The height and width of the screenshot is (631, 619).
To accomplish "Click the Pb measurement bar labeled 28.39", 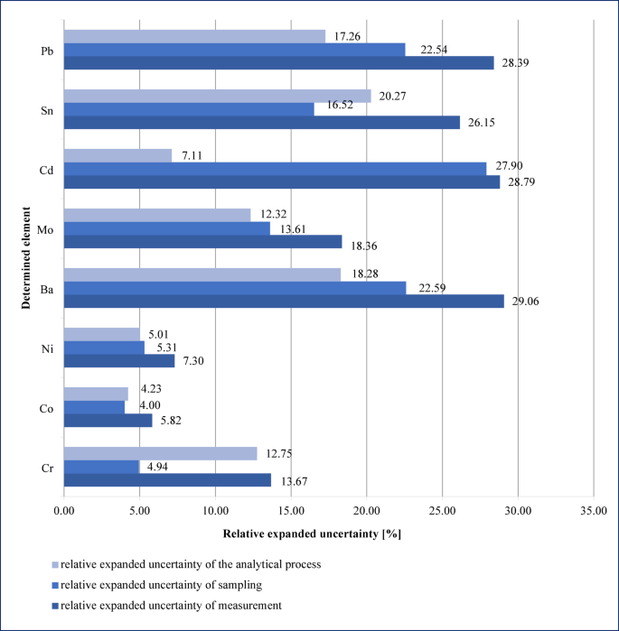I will click(278, 62).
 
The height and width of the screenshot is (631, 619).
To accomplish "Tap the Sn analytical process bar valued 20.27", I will click(217, 96).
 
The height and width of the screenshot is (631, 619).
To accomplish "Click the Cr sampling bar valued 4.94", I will click(101, 467).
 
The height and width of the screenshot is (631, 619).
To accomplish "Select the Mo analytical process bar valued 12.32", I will click(156, 215).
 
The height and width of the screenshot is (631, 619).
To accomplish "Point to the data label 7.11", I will click(192, 156).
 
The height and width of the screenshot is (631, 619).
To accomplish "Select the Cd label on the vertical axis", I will click(45, 169).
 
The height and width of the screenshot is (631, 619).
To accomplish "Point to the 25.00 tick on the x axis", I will click(442, 510).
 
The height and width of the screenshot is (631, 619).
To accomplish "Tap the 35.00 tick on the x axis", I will click(593, 510).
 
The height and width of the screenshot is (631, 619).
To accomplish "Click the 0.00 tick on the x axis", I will click(63, 510).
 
